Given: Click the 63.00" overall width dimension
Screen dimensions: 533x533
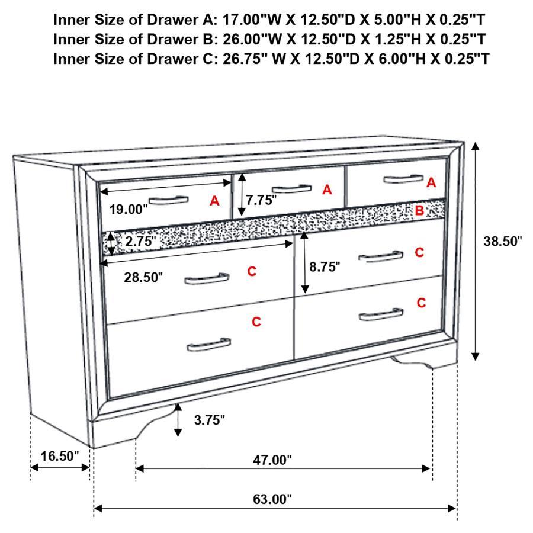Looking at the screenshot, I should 273,499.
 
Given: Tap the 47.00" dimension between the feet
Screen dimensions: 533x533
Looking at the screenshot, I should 273,460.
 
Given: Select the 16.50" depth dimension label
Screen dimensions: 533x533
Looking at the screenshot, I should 59,456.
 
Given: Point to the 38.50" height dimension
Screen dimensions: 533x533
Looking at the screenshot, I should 503,241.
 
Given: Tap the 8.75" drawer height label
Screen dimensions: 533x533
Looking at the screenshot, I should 325,266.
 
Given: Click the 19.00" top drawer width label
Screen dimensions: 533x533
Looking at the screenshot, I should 128,208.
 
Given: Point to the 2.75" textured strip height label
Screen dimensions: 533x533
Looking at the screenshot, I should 140,241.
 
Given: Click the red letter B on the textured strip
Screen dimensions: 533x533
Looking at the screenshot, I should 419,210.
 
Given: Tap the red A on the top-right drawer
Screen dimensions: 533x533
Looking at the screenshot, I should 431,182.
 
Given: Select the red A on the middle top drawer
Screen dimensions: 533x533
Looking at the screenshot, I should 327,190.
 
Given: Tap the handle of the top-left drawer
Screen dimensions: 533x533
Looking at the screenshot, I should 168,200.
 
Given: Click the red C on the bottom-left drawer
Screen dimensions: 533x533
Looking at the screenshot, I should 256,322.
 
